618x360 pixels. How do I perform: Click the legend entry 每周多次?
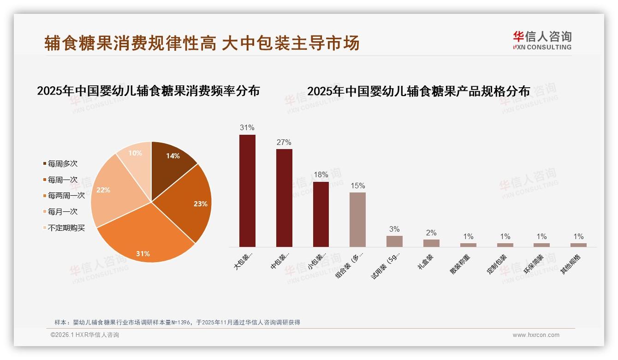tap(62, 163)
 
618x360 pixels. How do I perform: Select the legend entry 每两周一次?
tap(66, 196)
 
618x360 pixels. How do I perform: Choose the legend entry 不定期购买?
tap(66, 228)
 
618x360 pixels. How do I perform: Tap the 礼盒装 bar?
tap(431, 243)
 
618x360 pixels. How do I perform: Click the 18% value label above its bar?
tap(321, 175)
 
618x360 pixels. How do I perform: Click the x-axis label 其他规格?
tap(571, 264)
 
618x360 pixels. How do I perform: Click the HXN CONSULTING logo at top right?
tap(542, 41)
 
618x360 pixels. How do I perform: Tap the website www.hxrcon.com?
tap(536, 335)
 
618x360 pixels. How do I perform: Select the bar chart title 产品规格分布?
tap(418, 91)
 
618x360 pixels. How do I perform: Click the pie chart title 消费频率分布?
tap(148, 90)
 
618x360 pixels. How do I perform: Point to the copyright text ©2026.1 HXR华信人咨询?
tap(85, 335)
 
